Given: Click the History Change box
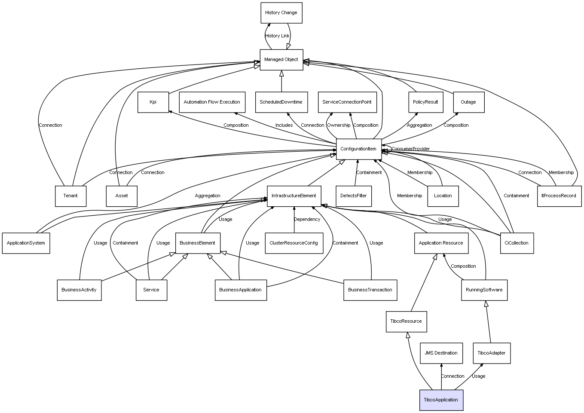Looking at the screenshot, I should pyautogui.click(x=281, y=13).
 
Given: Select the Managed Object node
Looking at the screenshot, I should pyautogui.click(x=281, y=60).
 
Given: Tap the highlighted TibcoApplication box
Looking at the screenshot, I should pyautogui.click(x=441, y=400).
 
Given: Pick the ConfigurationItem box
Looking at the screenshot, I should pyautogui.click(x=358, y=149).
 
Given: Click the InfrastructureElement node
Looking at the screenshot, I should pyautogui.click(x=294, y=196).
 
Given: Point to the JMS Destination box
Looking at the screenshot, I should pyautogui.click(x=441, y=353).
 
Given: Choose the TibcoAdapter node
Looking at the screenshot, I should pyautogui.click(x=491, y=353).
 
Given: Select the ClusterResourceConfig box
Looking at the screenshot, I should pyautogui.click(x=294, y=243).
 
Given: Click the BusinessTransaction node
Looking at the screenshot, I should pyautogui.click(x=370, y=290).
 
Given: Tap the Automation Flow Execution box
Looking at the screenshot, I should pyautogui.click(x=212, y=102).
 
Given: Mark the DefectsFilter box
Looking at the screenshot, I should pyautogui.click(x=353, y=196).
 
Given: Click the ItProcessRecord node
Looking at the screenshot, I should pyautogui.click(x=559, y=196).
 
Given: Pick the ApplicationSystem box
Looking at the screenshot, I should pyautogui.click(x=26, y=243).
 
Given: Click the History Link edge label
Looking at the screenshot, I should pyautogui.click(x=277, y=36).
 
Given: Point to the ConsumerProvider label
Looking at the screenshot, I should pyautogui.click(x=410, y=149).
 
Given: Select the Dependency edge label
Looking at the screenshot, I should pyautogui.click(x=307, y=220).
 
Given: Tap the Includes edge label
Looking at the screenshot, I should pyautogui.click(x=284, y=125).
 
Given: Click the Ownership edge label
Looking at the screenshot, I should pyautogui.click(x=339, y=125).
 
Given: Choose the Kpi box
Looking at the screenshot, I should pyautogui.click(x=153, y=102).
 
